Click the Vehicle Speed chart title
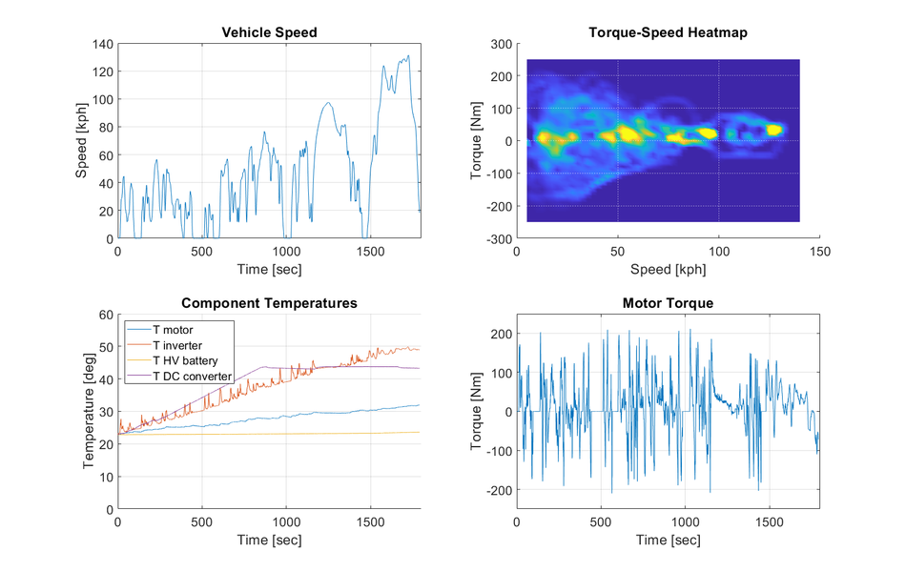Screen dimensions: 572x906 269,32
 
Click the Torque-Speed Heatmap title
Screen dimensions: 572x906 668,32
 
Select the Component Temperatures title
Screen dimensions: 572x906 269,303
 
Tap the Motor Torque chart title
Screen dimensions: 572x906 668,303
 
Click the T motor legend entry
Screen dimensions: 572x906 173,330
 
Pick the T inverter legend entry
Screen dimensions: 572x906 176,345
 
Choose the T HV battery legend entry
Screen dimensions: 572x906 185,360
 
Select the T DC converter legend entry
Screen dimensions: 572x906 191,376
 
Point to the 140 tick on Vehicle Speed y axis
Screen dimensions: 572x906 101,44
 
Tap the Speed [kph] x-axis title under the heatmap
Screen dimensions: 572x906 668,270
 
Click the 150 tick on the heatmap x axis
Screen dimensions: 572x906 820,253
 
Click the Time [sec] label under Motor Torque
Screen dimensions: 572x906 668,541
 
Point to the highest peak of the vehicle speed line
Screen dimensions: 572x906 407,55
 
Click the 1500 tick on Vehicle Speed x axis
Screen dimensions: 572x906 370,253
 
